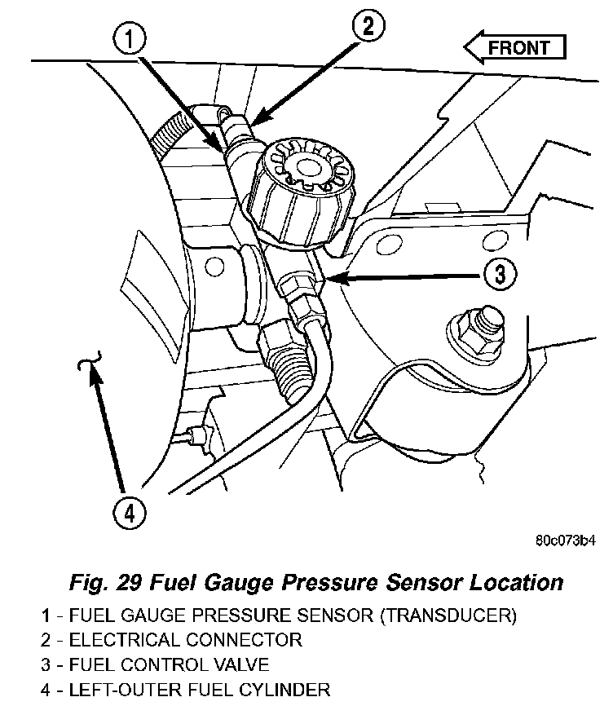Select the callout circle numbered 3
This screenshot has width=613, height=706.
[499, 274]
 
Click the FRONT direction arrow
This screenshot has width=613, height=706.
[514, 47]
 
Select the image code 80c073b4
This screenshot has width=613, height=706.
[565, 540]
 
